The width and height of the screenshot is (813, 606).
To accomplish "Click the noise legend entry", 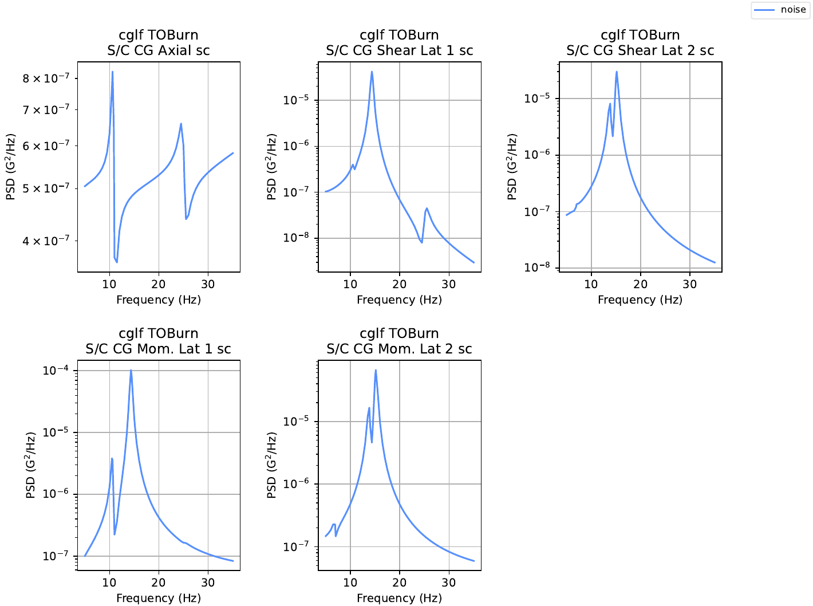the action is point(780,10).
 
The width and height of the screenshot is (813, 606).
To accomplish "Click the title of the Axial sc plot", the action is point(159,42).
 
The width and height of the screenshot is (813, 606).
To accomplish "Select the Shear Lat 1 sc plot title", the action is point(399,42).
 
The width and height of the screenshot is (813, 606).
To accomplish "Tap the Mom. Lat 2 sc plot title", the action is point(399,341).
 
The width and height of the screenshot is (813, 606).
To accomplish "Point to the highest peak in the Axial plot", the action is point(113,72).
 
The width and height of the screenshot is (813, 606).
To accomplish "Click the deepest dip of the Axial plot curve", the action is point(117,262).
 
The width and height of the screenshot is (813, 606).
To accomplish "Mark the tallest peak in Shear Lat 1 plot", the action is point(372,72).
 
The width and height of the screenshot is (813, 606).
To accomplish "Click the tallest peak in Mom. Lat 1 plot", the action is point(131,371).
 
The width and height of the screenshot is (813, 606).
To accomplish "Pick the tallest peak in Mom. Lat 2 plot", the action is point(376,371).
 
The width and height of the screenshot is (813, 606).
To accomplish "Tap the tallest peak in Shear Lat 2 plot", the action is point(617,72).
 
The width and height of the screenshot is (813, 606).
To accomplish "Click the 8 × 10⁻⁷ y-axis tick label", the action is point(46,78).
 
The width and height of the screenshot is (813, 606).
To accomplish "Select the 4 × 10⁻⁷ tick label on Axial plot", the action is point(46,241).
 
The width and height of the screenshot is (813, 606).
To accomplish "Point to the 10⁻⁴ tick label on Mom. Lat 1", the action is point(56,371).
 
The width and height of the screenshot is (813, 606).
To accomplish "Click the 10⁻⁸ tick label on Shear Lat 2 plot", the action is point(537,267).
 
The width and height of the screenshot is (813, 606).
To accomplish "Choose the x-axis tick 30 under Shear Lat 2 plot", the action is point(689,284).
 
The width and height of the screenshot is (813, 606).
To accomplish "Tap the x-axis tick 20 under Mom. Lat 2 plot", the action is point(399,583).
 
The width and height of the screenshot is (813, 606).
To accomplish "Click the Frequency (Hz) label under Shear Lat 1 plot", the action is point(399,300).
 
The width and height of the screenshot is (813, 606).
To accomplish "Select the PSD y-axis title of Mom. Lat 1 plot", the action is point(31,465).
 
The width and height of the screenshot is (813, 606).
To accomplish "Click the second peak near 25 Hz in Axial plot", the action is point(181,124).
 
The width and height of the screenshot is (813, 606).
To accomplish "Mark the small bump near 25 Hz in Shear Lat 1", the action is point(427,208).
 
